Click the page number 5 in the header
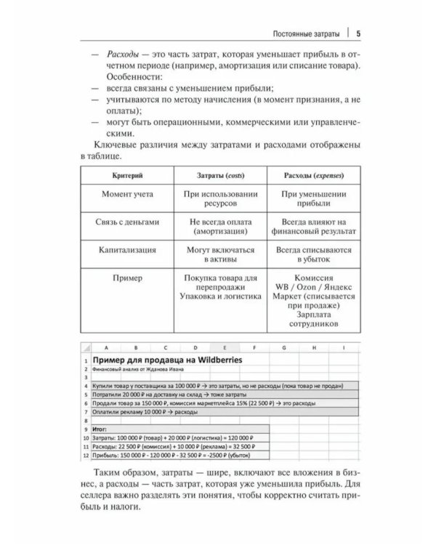359,33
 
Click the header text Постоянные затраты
303,33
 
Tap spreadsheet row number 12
85,454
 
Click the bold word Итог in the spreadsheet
102,429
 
